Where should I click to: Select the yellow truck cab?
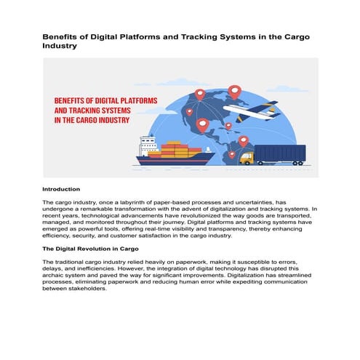[245, 156]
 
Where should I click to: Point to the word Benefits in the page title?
[62, 36]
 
